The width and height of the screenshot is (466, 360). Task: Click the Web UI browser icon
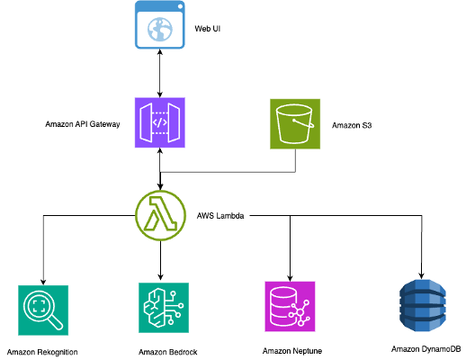[160, 25]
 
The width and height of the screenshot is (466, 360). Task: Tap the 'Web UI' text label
[209, 29]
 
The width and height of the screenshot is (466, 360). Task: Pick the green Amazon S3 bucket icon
[295, 123]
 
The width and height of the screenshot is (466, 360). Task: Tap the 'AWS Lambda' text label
[220, 217]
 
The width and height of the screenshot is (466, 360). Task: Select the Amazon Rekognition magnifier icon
[42, 310]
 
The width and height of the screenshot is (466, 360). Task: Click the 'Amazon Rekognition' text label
[42, 351]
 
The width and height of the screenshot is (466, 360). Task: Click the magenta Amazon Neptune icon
[290, 307]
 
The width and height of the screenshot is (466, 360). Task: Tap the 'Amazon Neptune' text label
[291, 350]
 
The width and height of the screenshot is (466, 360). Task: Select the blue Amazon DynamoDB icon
[422, 306]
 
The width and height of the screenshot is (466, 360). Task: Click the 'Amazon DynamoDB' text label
[426, 348]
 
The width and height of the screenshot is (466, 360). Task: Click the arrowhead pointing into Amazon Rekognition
[42, 280]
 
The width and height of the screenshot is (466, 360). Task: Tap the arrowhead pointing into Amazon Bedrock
[160, 276]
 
